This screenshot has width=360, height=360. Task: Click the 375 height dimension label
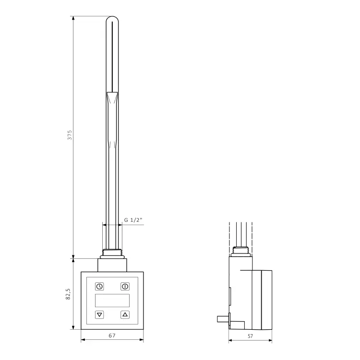[x=70, y=135]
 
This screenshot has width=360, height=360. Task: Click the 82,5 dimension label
[x=68, y=294]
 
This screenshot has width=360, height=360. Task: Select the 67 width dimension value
[x=112, y=336]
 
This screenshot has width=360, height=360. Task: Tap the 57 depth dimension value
[x=250, y=336]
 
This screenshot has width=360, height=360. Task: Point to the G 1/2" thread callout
[x=133, y=220]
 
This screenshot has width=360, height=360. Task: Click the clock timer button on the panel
[x=99, y=286]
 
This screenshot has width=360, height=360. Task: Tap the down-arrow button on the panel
[x=99, y=314]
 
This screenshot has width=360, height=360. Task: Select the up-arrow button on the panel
[x=125, y=314]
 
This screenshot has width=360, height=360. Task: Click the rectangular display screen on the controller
[x=112, y=300]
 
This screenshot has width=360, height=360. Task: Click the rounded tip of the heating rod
[x=112, y=19]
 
